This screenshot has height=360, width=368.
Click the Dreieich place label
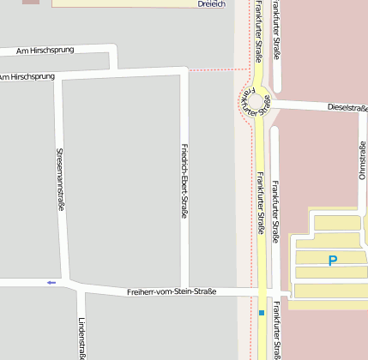point(211,3)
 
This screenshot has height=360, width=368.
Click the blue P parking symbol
point(333,259)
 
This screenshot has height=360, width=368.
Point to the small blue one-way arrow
point(51,282)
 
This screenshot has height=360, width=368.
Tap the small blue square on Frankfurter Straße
point(261,313)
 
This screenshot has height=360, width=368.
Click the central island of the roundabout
point(254,103)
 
